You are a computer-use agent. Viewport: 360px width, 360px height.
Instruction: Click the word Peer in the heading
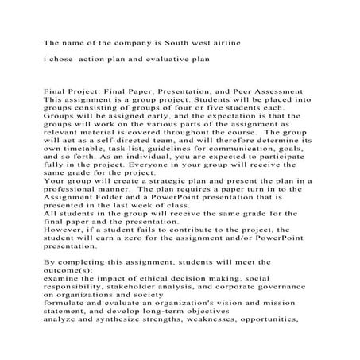(242, 92)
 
